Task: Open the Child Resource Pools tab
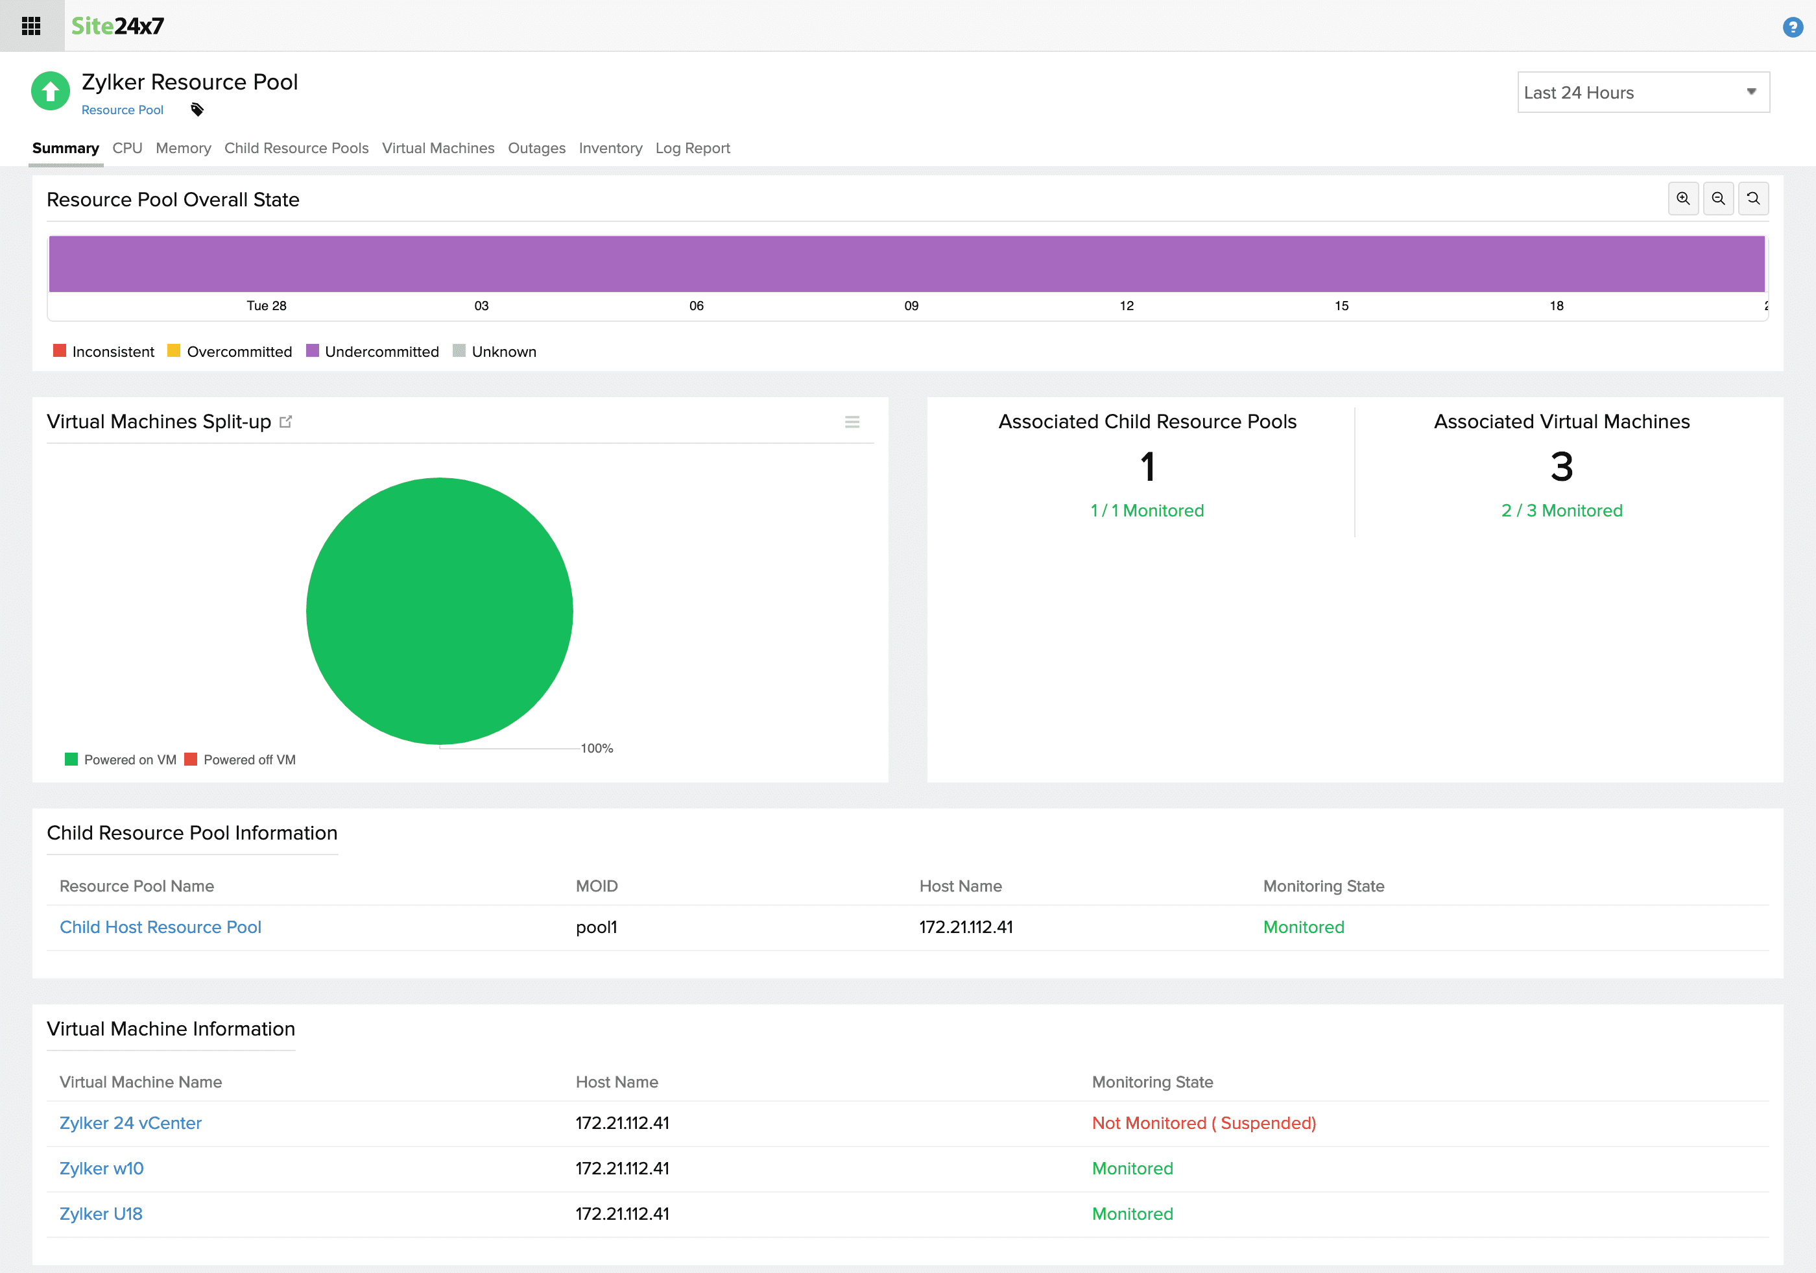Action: pos(296,148)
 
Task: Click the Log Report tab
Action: pos(692,148)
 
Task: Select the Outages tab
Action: pos(536,148)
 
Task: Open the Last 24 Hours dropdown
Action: pos(1642,93)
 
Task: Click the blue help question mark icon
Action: pos(1792,28)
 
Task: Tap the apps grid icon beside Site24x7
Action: pos(32,26)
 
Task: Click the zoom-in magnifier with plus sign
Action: pos(1682,199)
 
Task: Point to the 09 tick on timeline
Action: pos(911,306)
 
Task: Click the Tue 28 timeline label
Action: pos(267,306)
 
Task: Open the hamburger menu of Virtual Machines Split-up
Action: pos(852,422)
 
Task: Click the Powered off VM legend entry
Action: pos(248,760)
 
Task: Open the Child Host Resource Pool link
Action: pos(161,927)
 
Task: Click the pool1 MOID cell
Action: pos(597,927)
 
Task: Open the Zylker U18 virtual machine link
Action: pos(101,1214)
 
